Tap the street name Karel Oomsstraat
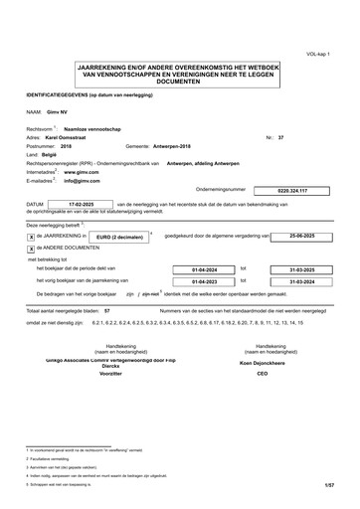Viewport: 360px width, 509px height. (x=70, y=136)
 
